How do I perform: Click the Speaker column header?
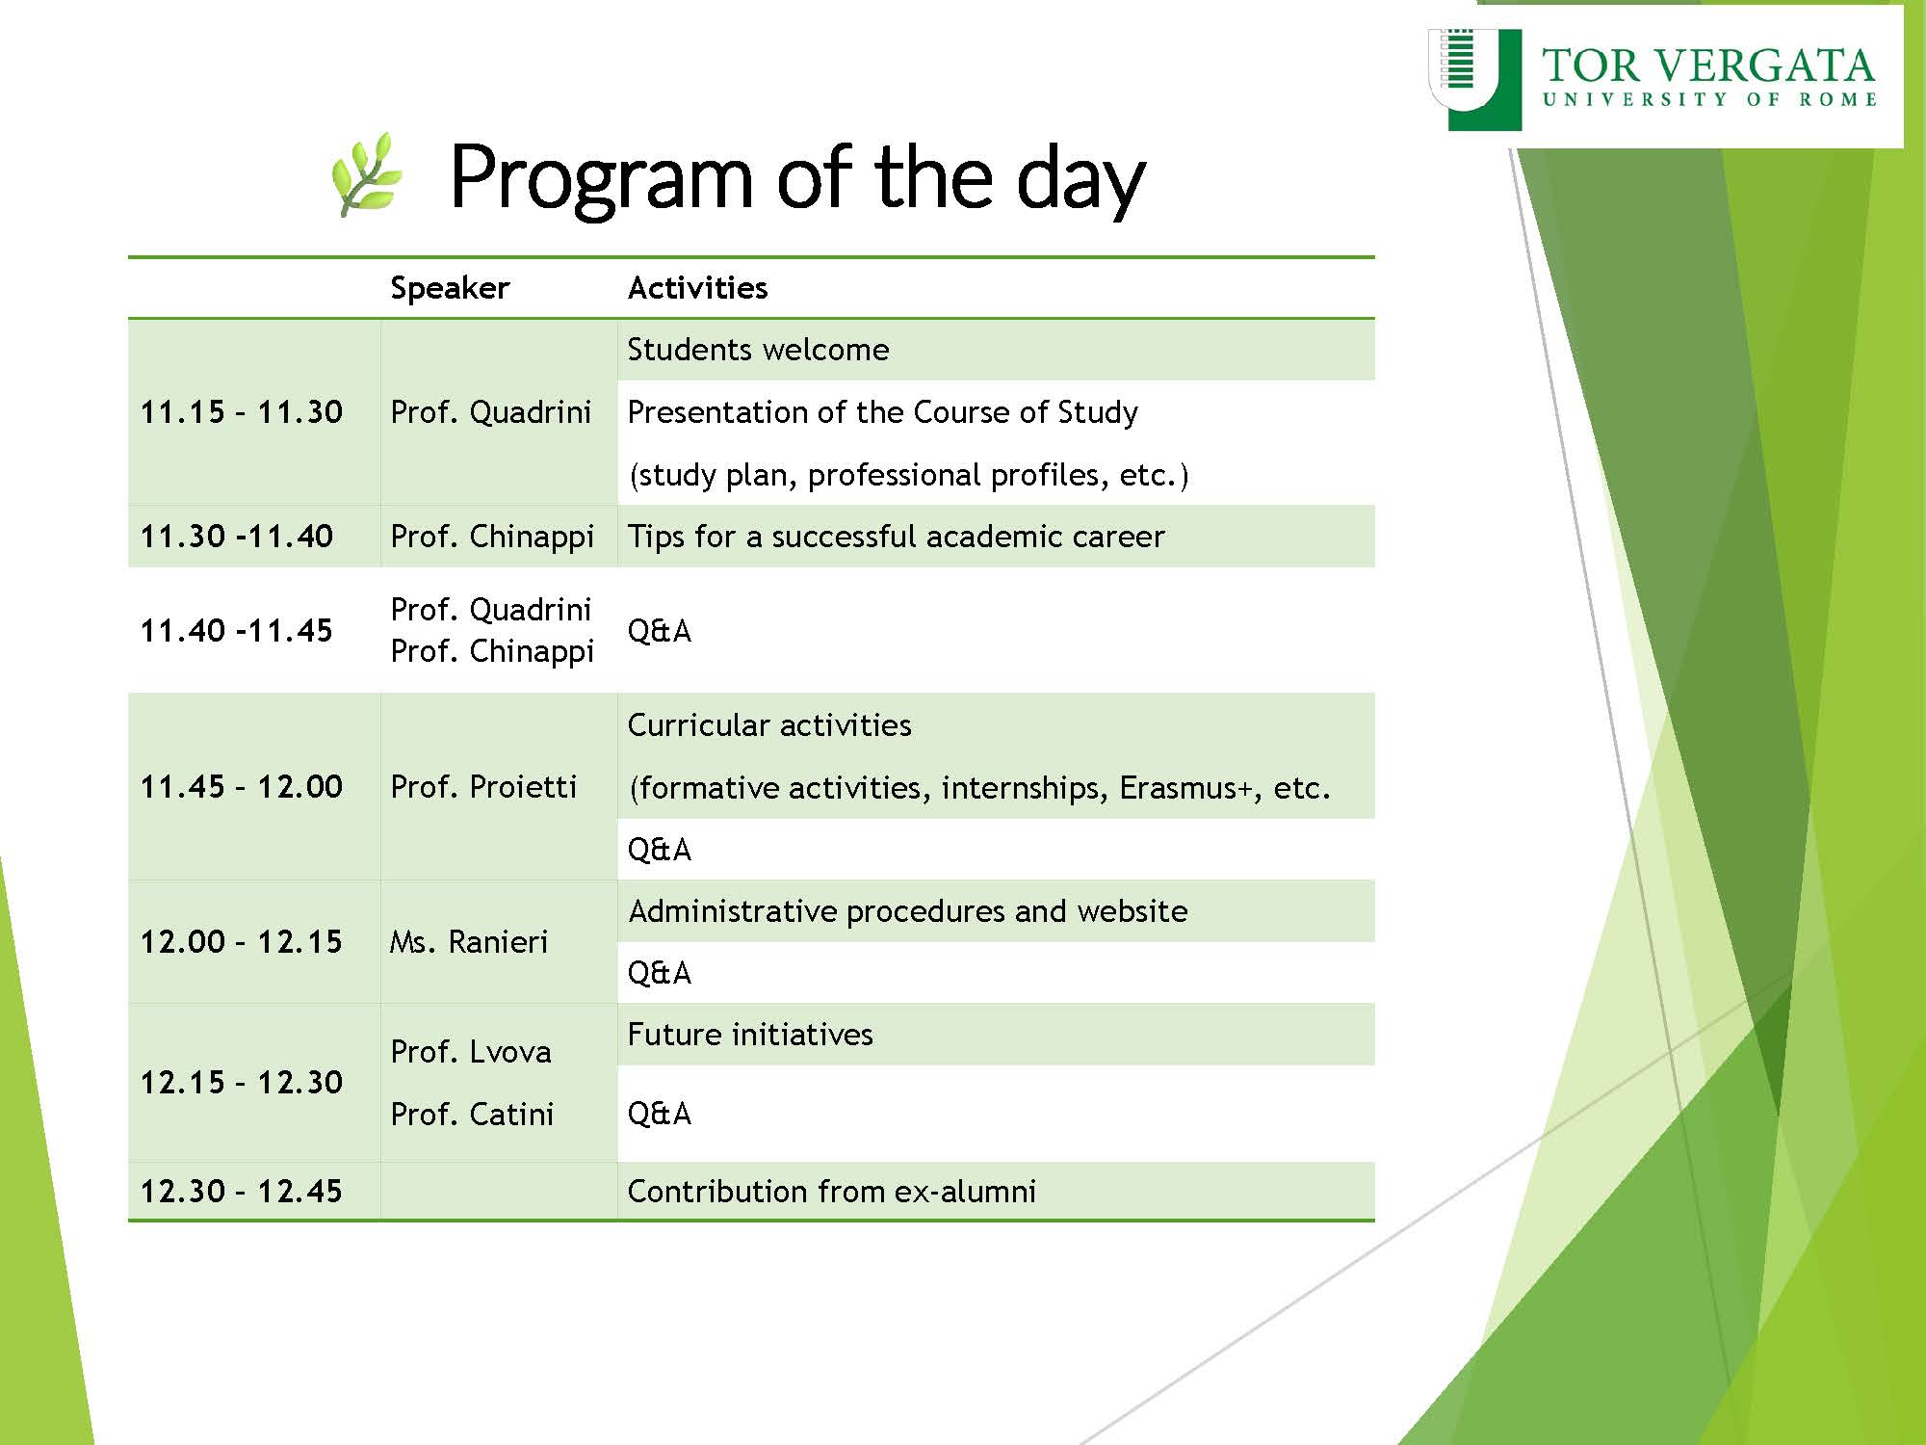coord(450,288)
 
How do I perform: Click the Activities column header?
coord(697,287)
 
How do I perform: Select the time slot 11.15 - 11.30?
coord(242,412)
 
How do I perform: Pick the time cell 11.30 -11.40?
coord(237,536)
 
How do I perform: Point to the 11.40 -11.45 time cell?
coord(237,631)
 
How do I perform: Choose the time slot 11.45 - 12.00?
coord(242,786)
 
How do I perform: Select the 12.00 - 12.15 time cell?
coord(242,941)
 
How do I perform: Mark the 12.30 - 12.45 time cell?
coord(242,1191)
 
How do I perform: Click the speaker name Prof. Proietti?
coord(483,786)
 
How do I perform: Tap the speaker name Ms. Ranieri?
coord(469,941)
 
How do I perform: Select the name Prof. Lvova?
coord(471,1051)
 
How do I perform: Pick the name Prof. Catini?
coord(472,1114)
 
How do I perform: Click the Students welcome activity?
coord(758,349)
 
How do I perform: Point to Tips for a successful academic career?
coord(896,536)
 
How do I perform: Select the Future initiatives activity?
coord(750,1034)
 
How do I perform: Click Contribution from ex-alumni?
coord(832,1191)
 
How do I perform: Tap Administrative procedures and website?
coord(908,910)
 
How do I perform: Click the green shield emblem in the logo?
coord(1475,79)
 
